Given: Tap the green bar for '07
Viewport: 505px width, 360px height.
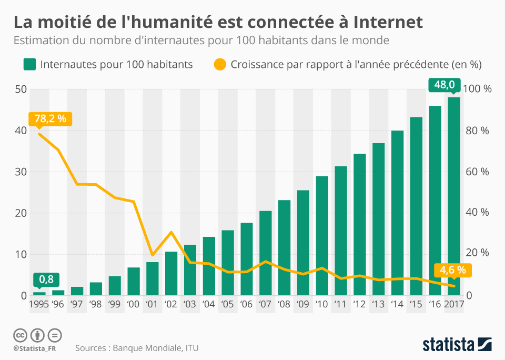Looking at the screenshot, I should coord(265,253).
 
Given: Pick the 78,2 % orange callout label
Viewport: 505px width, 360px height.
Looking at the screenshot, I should coord(50,118).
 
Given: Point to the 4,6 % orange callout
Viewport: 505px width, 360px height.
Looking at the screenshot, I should coord(452,270).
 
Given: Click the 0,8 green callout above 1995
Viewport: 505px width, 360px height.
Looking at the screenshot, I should coord(46,279).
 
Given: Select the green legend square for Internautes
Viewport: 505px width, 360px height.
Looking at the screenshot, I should coord(29,65).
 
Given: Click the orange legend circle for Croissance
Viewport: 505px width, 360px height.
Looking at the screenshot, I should coord(220,65).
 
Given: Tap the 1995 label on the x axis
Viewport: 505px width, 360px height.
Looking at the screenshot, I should coord(39,304).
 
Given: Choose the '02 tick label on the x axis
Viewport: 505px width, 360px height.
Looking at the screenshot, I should coord(171,304).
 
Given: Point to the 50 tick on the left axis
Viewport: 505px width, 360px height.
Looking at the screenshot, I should coord(21,89).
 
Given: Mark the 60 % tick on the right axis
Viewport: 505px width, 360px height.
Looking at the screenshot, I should coord(479,172).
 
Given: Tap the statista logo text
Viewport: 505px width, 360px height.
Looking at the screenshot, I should coord(448,345).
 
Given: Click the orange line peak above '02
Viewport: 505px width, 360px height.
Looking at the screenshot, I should coord(171,232).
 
